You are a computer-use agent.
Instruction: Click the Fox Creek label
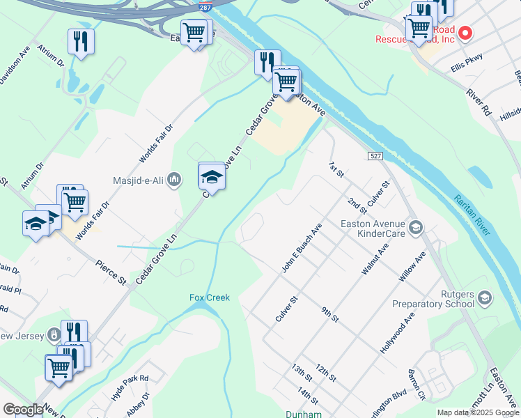point(210,297)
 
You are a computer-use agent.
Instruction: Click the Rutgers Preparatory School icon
point(485,298)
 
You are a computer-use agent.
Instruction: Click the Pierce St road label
point(111,272)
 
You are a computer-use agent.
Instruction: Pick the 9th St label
point(329,313)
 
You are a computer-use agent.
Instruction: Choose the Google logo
point(23,410)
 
